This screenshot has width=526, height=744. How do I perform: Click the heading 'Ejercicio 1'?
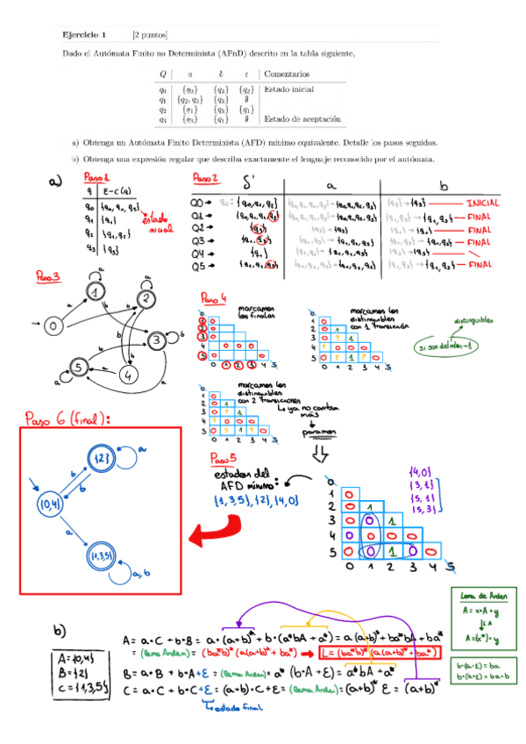pyautogui.click(x=83, y=35)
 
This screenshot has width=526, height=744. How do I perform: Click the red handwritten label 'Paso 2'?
pyautogui.click(x=207, y=178)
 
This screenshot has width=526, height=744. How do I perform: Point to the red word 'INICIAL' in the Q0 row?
pyautogui.click(x=483, y=202)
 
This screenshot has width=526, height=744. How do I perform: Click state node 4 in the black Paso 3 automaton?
pyautogui.click(x=130, y=376)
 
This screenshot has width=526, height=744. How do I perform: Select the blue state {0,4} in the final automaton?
pyautogui.click(x=46, y=504)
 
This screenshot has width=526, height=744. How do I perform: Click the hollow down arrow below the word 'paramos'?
pyautogui.click(x=319, y=453)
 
